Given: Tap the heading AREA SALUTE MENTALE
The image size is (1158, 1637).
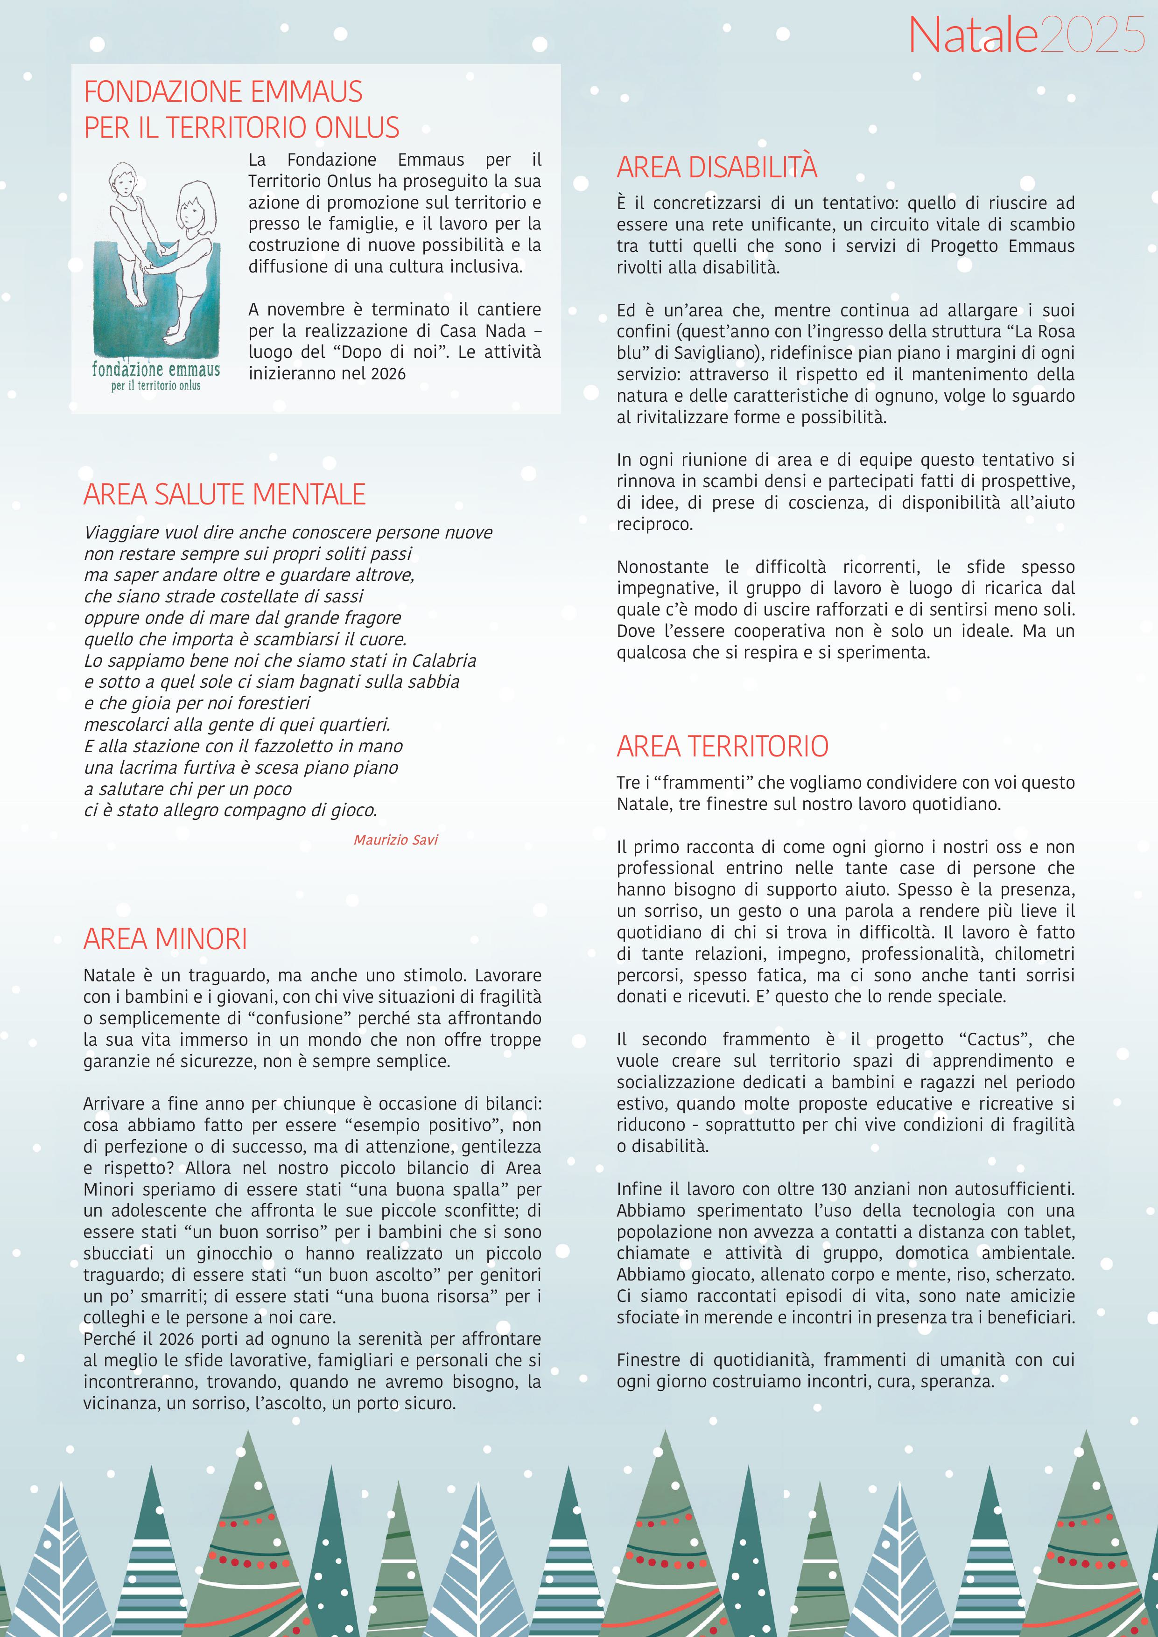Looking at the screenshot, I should pyautogui.click(x=224, y=494).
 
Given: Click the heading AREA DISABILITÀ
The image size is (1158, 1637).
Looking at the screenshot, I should pyautogui.click(x=716, y=168).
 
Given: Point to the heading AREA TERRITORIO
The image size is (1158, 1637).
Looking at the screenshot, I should pyautogui.click(x=723, y=747).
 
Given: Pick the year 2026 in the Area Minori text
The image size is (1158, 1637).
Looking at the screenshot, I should pyautogui.click(x=175, y=1338).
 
